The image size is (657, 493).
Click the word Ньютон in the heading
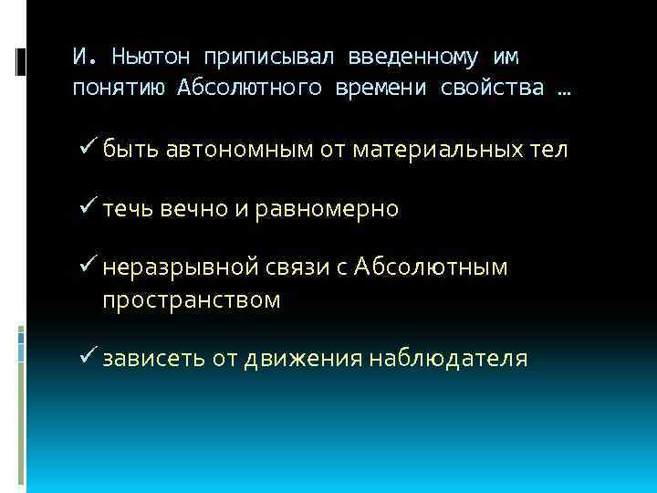[x=151, y=57]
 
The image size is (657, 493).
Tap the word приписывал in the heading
[x=267, y=57]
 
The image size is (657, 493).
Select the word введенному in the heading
[x=402, y=57]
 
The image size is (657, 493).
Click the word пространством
[x=192, y=299]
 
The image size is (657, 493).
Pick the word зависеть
[x=154, y=359]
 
